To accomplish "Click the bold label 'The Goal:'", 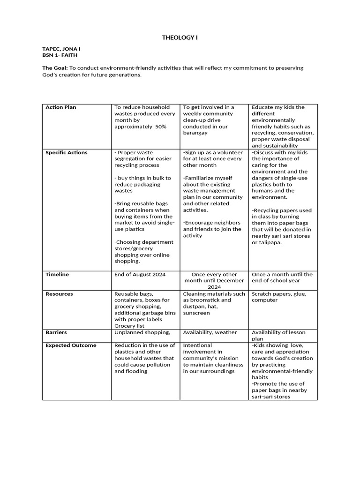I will (55, 68).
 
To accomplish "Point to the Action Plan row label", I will (60, 107).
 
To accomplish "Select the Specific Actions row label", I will (66, 153).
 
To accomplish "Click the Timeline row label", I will (57, 275).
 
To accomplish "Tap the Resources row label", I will (59, 294).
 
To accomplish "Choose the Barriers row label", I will (56, 332).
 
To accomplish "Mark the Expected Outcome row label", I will (71, 345).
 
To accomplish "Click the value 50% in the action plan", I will (158, 127).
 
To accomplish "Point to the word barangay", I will (195, 133).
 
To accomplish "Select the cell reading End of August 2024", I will (140, 275).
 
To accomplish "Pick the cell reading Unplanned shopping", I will (142, 332).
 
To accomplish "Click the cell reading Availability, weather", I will (210, 332).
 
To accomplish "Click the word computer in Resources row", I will (264, 300).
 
